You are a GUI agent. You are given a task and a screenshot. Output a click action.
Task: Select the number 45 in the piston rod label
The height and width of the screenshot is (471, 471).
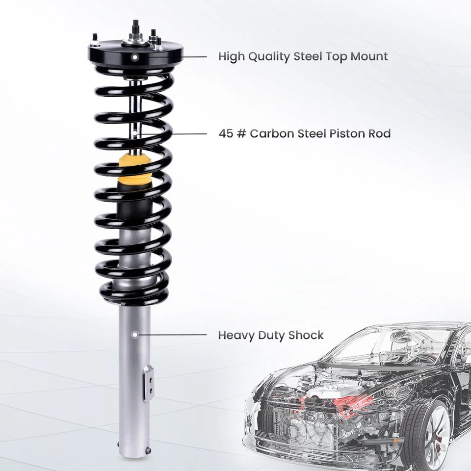click(x=226, y=133)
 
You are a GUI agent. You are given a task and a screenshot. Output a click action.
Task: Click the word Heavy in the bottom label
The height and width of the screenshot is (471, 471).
click(x=235, y=336)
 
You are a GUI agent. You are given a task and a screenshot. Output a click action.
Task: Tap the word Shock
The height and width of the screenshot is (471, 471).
click(x=306, y=336)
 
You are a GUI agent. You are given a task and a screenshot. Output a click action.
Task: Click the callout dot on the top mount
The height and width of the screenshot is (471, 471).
click(x=135, y=57)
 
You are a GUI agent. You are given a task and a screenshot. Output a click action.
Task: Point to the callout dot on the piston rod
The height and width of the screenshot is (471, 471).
click(x=135, y=133)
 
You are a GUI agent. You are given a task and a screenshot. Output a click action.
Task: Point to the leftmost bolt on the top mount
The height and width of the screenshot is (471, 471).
click(x=94, y=39)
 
